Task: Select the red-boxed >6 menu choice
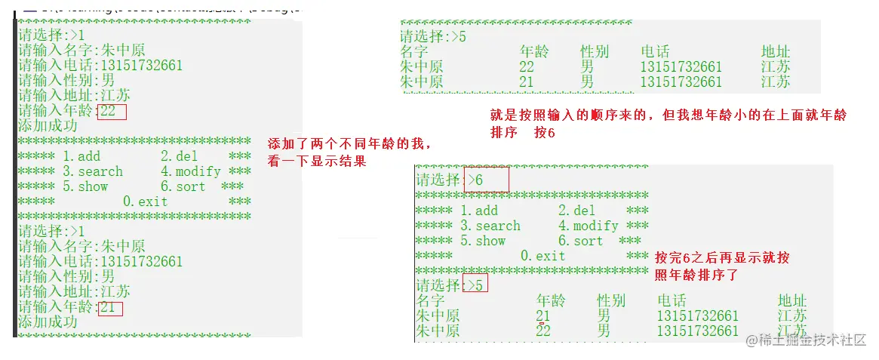click(487, 180)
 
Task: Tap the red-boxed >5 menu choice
click(475, 285)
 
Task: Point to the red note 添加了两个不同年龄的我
click(351, 143)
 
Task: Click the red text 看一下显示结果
click(317, 161)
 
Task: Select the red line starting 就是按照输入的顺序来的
click(668, 115)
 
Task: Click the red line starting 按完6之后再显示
click(722, 258)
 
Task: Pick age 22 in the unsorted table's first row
click(527, 67)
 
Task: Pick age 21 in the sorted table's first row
click(543, 315)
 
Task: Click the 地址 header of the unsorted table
click(776, 51)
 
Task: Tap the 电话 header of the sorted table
click(672, 300)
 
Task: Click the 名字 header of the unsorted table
click(414, 51)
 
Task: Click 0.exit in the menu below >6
click(542, 256)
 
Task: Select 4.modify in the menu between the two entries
click(190, 171)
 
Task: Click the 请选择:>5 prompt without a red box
click(432, 36)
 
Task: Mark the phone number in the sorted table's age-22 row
click(698, 331)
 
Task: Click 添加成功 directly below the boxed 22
click(48, 126)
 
